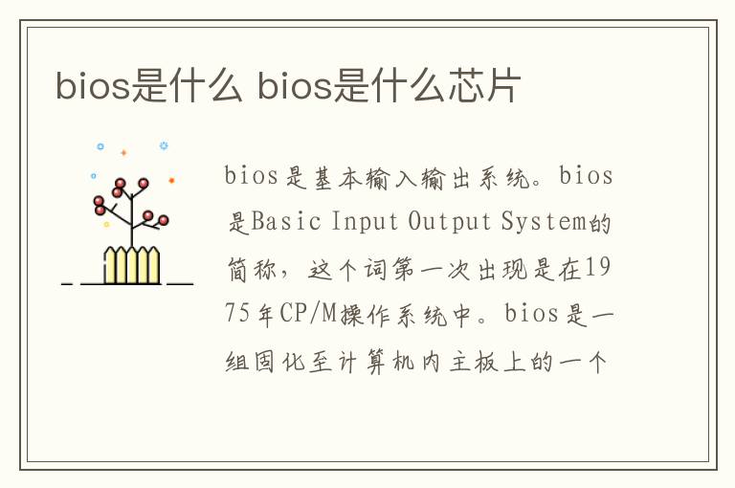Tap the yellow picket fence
(x=131, y=265)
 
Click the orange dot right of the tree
(x=171, y=180)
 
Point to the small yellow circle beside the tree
(x=106, y=225)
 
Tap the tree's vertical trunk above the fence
(x=131, y=225)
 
